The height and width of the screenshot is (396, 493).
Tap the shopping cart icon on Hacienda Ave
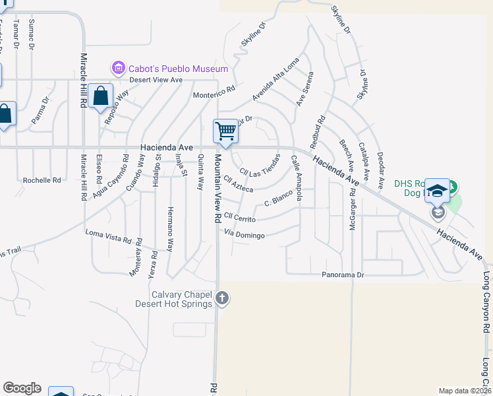pyautogui.click(x=225, y=131)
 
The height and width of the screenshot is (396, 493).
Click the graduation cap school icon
pyautogui.click(x=436, y=191)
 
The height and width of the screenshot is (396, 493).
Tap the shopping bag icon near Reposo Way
pyautogui.click(x=100, y=96)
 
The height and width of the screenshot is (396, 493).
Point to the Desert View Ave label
pyautogui.click(x=156, y=80)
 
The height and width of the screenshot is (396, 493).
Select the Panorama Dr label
pyautogui.click(x=343, y=275)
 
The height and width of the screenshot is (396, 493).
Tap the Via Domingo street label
pyautogui.click(x=244, y=234)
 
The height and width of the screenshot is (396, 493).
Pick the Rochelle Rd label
pyautogui.click(x=42, y=180)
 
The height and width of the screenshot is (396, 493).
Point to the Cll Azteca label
pyautogui.click(x=239, y=184)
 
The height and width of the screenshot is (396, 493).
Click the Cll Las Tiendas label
pyautogui.click(x=260, y=165)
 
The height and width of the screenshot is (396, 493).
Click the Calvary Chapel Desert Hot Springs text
pyautogui.click(x=173, y=299)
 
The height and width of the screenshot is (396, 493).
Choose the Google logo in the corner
pyautogui.click(x=22, y=388)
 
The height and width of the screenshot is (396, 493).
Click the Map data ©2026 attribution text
pyautogui.click(x=464, y=391)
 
